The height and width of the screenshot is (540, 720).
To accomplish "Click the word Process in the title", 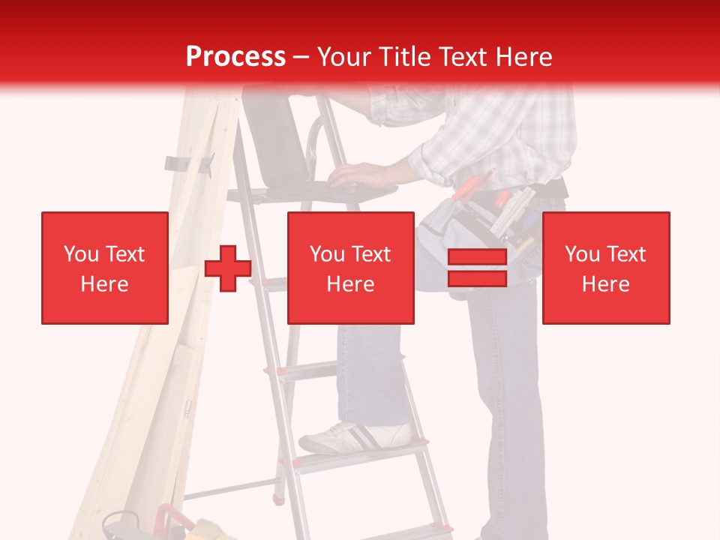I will (235, 56).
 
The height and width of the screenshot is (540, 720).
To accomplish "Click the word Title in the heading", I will (404, 56).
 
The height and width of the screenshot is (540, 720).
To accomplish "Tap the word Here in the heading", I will (522, 56).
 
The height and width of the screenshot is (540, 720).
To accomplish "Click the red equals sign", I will (477, 268).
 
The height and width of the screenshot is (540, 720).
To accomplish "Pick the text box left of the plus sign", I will (104, 268).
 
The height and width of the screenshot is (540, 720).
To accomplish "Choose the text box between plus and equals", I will (350, 268).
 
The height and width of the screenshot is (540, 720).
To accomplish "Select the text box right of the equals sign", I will (605, 268).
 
